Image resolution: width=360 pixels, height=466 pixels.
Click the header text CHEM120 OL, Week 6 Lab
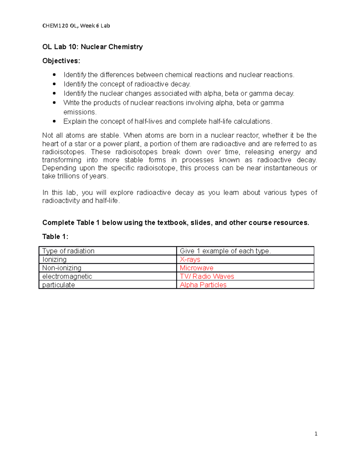click(76, 26)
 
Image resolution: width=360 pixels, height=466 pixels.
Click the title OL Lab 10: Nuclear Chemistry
click(92, 47)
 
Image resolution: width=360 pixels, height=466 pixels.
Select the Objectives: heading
click(61, 61)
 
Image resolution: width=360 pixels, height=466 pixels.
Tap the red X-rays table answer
click(190, 260)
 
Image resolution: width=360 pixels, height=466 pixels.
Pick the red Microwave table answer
click(196, 268)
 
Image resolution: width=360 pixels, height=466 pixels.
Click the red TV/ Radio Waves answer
click(207, 276)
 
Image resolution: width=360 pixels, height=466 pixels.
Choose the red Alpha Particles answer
click(203, 285)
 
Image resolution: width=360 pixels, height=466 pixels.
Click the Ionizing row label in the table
click(54, 260)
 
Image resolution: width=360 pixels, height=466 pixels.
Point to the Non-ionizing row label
click(62, 268)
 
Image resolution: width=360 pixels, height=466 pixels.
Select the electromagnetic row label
click(67, 276)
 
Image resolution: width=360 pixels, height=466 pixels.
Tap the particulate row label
click(58, 285)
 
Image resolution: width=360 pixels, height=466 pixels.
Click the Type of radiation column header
click(68, 251)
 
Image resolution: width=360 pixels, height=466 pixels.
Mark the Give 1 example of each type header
click(225, 251)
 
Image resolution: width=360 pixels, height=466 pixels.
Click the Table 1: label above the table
click(55, 237)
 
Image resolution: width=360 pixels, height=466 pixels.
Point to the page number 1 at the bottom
click(316, 434)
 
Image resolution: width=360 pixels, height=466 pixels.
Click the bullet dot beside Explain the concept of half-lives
click(54, 121)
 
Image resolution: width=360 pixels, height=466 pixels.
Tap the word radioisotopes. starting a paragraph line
click(64, 152)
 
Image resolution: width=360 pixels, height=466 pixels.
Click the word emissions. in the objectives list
click(80, 112)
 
